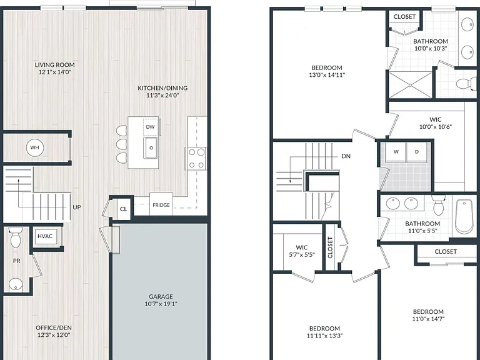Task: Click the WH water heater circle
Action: pyautogui.click(x=34, y=147)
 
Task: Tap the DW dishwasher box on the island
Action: pyautogui.click(x=150, y=127)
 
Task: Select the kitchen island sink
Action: pyautogui.click(x=150, y=148)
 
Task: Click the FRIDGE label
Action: pyautogui.click(x=161, y=205)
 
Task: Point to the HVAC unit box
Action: pyautogui.click(x=45, y=236)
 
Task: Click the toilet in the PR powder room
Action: pyautogui.click(x=15, y=237)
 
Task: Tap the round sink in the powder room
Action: pyautogui.click(x=15, y=284)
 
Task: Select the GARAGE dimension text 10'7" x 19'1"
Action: pyautogui.click(x=161, y=304)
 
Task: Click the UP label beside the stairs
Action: pyautogui.click(x=77, y=207)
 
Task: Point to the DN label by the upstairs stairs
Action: pyautogui.click(x=346, y=156)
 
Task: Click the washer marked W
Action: pyautogui.click(x=396, y=152)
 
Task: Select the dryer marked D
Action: pyautogui.click(x=417, y=152)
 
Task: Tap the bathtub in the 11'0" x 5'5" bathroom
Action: pyautogui.click(x=464, y=216)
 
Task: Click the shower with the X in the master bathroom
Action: pyautogui.click(x=410, y=85)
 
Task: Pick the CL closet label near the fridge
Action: pyautogui.click(x=123, y=209)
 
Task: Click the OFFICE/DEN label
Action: pyautogui.click(x=54, y=328)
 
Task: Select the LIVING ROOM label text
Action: pyautogui.click(x=55, y=65)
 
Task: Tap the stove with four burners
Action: pyautogui.click(x=196, y=158)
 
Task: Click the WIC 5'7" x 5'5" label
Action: pyautogui.click(x=302, y=251)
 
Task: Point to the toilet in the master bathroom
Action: pyautogui.click(x=466, y=83)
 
